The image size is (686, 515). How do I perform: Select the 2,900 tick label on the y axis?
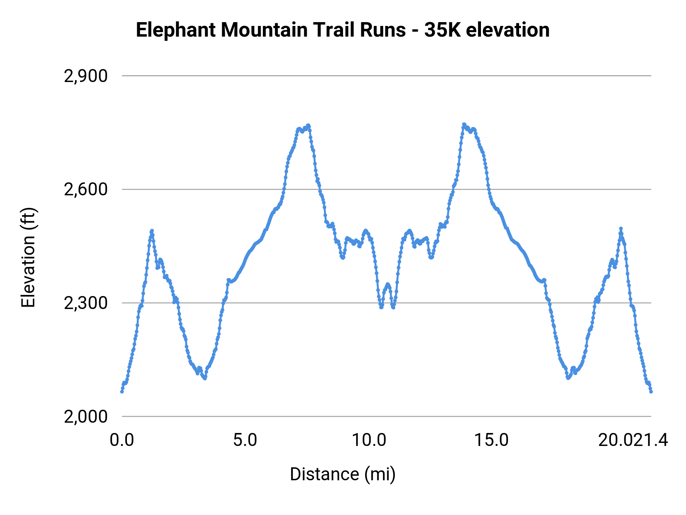[x=86, y=76]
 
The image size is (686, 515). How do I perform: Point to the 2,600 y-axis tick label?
[x=86, y=190]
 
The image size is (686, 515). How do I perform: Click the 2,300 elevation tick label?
[x=86, y=303]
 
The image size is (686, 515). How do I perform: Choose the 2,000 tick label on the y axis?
[x=86, y=417]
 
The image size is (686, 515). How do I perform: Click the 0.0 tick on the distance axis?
[x=122, y=440]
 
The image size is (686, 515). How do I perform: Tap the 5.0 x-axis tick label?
[x=245, y=440]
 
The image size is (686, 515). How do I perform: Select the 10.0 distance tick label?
[x=369, y=440]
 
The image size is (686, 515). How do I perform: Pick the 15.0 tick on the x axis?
[x=492, y=440]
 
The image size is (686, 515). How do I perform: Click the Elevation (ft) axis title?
[x=29, y=257]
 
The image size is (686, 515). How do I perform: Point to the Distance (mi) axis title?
[x=343, y=474]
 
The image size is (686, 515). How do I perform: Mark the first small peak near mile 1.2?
[x=152, y=231]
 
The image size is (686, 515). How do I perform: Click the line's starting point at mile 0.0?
[x=122, y=391]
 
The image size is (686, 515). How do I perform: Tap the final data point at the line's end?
[x=651, y=392]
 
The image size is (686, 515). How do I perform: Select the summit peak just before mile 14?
[x=464, y=124]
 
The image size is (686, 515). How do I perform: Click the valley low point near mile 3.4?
[x=205, y=378]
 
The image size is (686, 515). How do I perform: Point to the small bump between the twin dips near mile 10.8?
[x=388, y=284]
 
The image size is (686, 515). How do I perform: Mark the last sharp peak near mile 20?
[x=621, y=228]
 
